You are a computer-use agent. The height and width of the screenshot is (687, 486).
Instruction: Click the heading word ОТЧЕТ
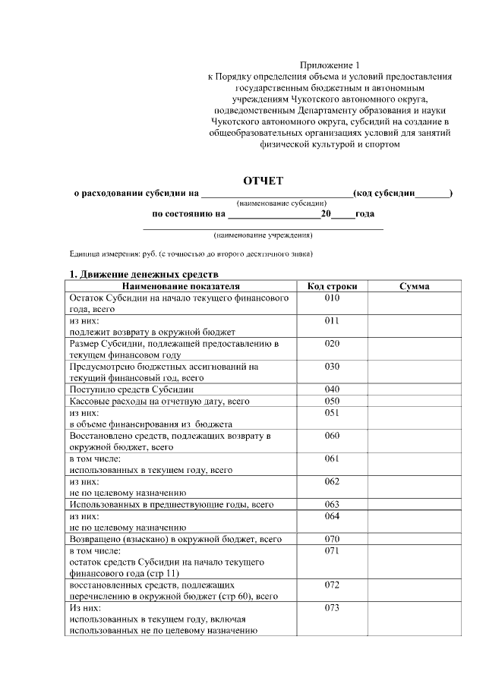[x=263, y=180]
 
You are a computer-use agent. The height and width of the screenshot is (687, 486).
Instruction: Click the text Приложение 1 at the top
[x=332, y=66]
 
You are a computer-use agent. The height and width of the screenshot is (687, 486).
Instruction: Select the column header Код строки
[x=332, y=286]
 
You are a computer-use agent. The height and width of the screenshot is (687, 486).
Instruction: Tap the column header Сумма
[x=414, y=286]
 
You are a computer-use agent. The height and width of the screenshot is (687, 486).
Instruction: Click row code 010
[x=332, y=298]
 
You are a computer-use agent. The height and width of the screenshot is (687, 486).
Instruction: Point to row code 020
[x=332, y=343]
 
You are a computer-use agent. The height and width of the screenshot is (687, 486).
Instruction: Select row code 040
[x=332, y=389]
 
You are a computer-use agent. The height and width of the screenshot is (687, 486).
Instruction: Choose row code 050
[x=332, y=401]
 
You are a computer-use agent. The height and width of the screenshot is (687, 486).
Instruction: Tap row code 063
[x=332, y=504]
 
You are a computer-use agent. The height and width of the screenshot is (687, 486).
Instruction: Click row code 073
[x=332, y=608]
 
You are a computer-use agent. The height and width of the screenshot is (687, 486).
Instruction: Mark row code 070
[x=332, y=539]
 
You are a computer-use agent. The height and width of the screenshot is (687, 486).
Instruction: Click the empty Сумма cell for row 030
[x=414, y=372]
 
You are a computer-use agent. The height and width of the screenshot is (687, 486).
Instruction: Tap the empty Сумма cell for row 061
[x=414, y=465]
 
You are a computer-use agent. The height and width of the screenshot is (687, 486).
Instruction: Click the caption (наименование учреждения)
[x=263, y=235]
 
